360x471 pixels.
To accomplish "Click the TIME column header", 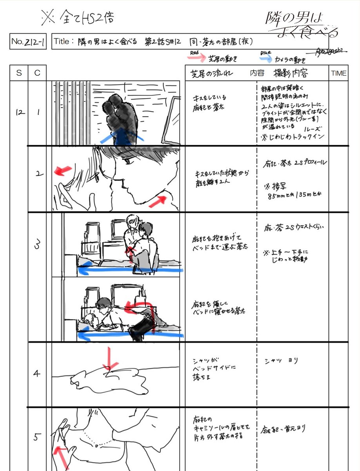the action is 338,73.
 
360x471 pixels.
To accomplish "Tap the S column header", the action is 19,73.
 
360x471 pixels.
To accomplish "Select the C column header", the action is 37,73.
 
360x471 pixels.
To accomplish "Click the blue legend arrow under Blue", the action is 265,59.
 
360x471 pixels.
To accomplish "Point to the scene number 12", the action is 20,113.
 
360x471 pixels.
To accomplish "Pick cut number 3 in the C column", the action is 38,245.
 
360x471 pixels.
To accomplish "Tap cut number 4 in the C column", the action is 37,374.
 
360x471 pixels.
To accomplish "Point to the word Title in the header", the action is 63,41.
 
